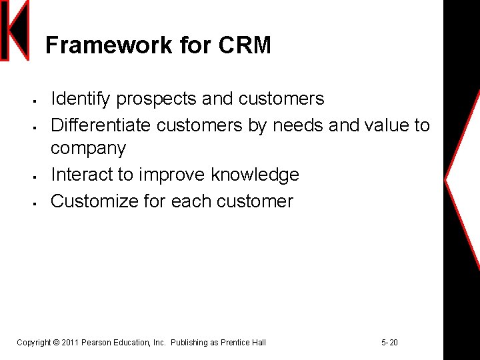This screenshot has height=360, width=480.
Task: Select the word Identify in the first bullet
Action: (x=81, y=99)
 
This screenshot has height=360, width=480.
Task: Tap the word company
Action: (x=88, y=148)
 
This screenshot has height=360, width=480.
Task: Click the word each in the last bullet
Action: (x=191, y=201)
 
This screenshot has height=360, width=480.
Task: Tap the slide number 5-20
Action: (x=389, y=343)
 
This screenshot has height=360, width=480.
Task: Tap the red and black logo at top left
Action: (x=15, y=31)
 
